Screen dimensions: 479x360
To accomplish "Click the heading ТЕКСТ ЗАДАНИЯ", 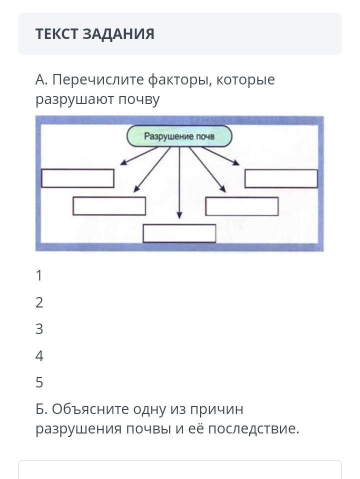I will coord(94,34).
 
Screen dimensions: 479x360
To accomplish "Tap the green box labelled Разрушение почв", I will coord(179,136).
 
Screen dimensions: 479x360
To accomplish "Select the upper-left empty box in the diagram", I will coord(77,178).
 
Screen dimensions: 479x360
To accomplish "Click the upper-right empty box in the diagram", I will coord(281,178).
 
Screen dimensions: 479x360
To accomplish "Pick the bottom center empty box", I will coord(179,233).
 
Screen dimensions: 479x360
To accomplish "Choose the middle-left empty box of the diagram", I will coord(109,206).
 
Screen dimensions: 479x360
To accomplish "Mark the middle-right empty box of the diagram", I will coord(241,206).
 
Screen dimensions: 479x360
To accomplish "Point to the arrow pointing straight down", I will coord(179,185).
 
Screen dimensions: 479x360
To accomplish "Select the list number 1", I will coord(39,276).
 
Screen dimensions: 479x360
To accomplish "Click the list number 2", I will coord(39,302).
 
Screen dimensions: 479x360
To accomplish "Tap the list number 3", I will coord(39,329).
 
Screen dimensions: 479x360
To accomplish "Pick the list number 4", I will coord(39,356).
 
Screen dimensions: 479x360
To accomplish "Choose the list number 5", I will coord(39,383).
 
